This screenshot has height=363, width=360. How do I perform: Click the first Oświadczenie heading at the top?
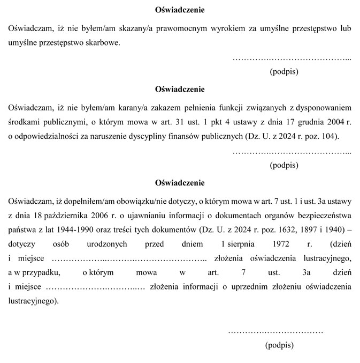[x=180, y=10]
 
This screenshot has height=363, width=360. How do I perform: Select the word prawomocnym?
[x=190, y=27]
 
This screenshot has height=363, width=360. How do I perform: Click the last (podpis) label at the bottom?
[x=279, y=345]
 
